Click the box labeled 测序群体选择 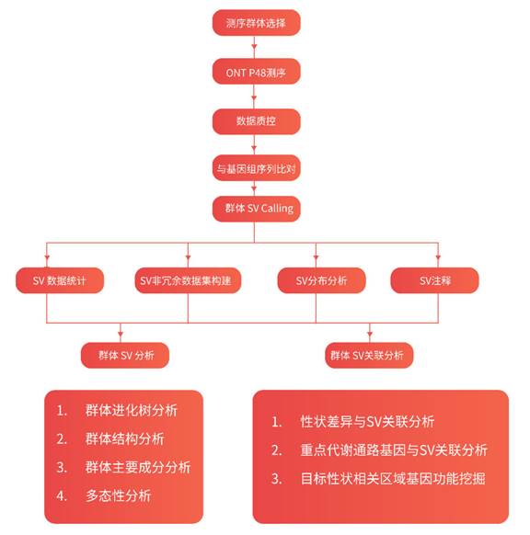pos(256,22)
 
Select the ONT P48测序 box pos(256,72)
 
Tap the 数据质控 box pos(256,121)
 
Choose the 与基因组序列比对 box pos(256,168)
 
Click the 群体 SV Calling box pos(256,209)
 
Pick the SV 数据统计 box pos(60,280)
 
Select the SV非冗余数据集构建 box pos(188,280)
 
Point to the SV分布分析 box pos(321,280)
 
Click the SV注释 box pos(434,280)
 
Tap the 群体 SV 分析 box pos(125,355)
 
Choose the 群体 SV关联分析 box pos(369,355)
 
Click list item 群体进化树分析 pos(132,410)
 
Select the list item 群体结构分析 pos(124,438)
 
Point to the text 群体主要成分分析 pos(138,467)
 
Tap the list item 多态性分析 pos(118,495)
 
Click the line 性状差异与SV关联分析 pos(367,422)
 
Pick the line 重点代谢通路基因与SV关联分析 pos(394,450)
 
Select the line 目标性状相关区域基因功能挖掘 pos(393,478)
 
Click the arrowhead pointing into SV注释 pos(438,256)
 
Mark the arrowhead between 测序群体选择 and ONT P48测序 pos(254,46)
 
